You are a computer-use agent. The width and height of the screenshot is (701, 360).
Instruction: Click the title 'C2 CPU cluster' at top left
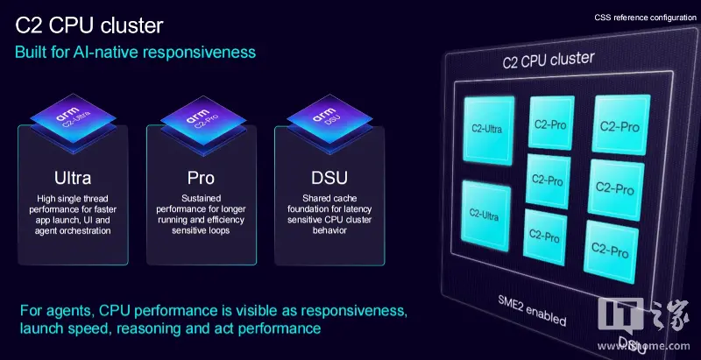coord(89,25)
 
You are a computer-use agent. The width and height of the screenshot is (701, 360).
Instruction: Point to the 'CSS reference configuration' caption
coord(645,18)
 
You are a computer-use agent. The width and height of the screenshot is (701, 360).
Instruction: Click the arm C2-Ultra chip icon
coord(74,123)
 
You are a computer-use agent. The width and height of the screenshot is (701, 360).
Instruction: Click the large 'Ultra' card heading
coord(73,178)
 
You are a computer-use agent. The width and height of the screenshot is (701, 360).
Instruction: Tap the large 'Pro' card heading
coord(201,178)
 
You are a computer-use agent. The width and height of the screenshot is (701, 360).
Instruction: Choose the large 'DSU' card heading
coord(329,178)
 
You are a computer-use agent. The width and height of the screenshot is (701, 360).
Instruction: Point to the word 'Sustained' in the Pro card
coord(202,198)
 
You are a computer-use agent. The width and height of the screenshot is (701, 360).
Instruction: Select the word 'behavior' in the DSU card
coord(329,231)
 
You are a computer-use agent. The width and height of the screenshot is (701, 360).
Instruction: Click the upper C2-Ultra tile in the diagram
coord(488,130)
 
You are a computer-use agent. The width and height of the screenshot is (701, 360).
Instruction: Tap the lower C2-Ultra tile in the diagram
coord(485,215)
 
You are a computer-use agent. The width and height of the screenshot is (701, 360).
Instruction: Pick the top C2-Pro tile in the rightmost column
coord(620,125)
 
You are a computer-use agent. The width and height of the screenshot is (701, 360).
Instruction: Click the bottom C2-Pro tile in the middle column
coord(544,237)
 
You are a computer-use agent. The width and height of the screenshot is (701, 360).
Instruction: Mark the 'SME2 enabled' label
coord(532,311)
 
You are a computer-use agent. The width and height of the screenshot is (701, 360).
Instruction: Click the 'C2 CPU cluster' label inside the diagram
coord(549,60)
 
